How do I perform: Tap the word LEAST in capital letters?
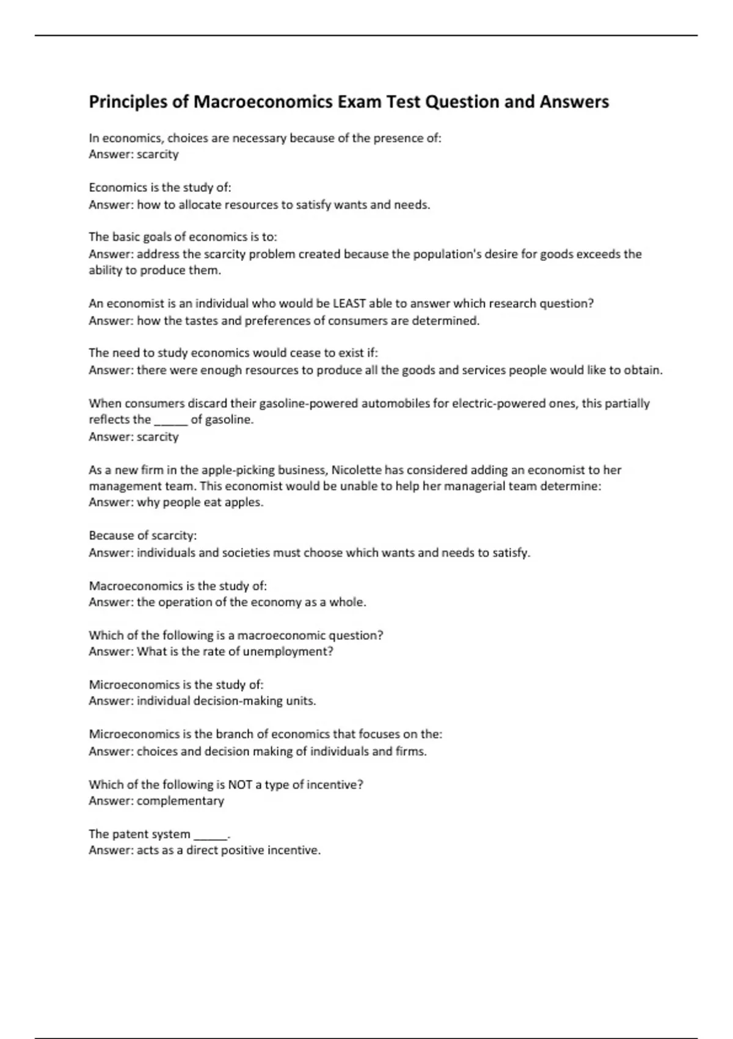coord(349,303)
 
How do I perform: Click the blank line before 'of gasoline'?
coord(170,420)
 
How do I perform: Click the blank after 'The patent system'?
coord(210,834)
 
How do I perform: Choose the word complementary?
coord(180,801)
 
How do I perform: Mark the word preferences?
coord(277,321)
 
